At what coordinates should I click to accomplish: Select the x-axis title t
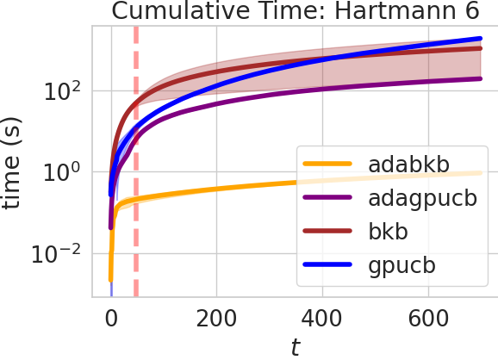coord(295,347)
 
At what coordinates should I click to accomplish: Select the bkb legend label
coord(384,232)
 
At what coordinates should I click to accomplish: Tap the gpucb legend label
coord(397,266)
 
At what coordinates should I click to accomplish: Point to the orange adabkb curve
coord(215,193)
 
